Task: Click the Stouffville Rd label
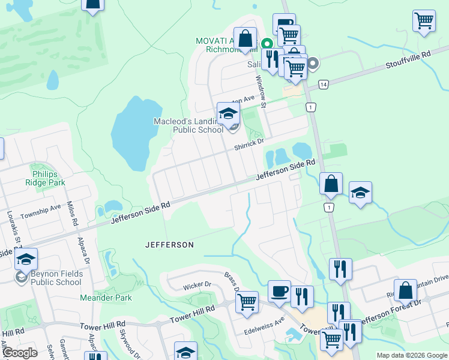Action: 409,58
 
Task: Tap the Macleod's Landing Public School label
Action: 188,125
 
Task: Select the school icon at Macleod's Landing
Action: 228,113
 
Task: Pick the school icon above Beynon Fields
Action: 26,259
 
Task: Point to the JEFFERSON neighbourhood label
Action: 170,245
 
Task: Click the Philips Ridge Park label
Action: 49,178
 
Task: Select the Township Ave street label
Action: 41,212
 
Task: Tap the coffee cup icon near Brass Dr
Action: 279,292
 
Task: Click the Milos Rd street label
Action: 73,214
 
